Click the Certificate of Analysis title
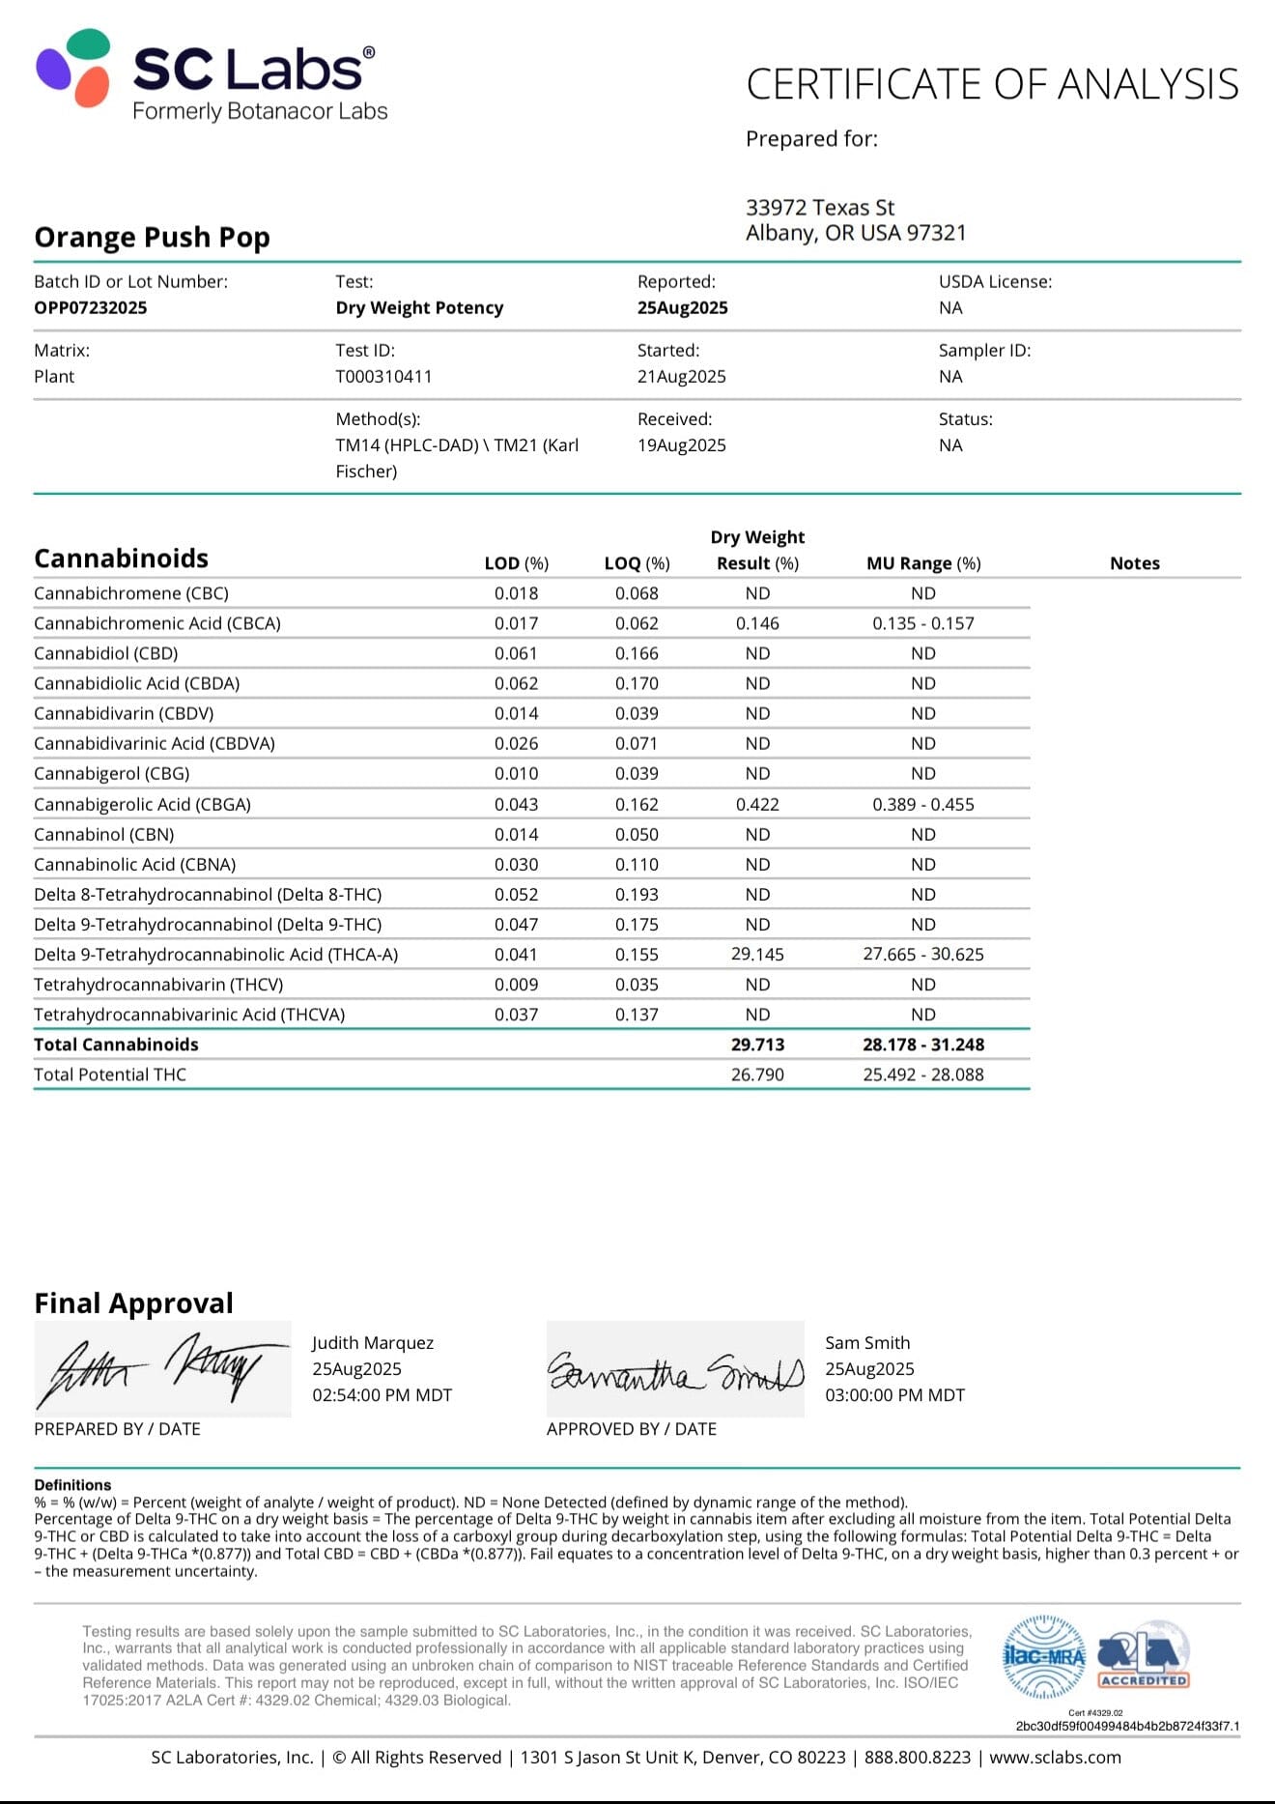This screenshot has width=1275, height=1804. click(992, 85)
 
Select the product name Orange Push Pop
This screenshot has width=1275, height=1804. click(152, 238)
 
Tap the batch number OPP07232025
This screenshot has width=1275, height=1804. click(91, 308)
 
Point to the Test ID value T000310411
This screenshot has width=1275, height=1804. click(383, 377)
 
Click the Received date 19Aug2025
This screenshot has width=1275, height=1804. click(681, 445)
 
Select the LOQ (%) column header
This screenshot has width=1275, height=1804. click(637, 563)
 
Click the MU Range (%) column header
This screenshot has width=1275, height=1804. click(922, 563)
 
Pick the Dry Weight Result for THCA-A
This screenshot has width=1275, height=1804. click(757, 955)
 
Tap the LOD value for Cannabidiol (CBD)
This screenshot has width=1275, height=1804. click(516, 654)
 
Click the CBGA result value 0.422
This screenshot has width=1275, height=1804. click(757, 805)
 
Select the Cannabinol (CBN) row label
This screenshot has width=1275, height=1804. click(104, 835)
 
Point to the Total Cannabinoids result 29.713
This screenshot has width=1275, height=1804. click(757, 1045)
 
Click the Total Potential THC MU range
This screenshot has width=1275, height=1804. click(922, 1074)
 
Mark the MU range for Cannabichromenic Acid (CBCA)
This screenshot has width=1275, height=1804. click(922, 624)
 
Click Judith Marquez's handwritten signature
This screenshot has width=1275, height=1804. click(161, 1368)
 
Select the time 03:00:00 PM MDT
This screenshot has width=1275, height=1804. click(894, 1395)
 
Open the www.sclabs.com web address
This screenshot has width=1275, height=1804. click(1055, 1758)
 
